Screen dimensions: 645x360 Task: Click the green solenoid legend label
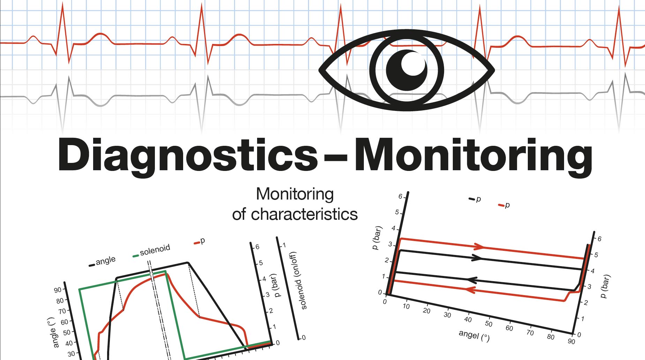(x=155, y=250)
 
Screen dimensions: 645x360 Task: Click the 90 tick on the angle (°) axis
(x=58, y=290)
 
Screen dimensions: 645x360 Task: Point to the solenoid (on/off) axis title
(x=299, y=280)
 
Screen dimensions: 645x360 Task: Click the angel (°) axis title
(x=474, y=336)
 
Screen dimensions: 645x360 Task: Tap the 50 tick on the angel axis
(x=489, y=324)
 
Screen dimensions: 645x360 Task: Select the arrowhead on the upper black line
(x=477, y=258)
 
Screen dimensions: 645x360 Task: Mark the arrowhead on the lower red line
(x=471, y=290)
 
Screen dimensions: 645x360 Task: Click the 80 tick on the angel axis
(x=550, y=337)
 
